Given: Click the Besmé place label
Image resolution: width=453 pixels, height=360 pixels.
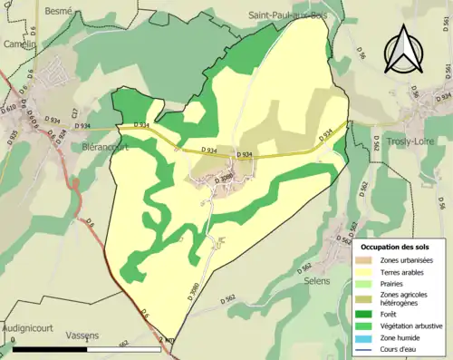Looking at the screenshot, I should [x=59, y=11].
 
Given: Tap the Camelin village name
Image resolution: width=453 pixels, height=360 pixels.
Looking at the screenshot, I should [x=18, y=43].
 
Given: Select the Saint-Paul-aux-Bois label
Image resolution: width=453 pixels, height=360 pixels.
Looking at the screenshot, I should [x=288, y=15].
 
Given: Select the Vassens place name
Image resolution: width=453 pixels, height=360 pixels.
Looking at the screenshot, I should [x=82, y=335].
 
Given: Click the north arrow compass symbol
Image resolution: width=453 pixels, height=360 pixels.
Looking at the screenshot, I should [x=403, y=50].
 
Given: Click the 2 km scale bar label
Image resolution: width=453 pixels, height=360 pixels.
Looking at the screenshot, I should [x=164, y=340].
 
